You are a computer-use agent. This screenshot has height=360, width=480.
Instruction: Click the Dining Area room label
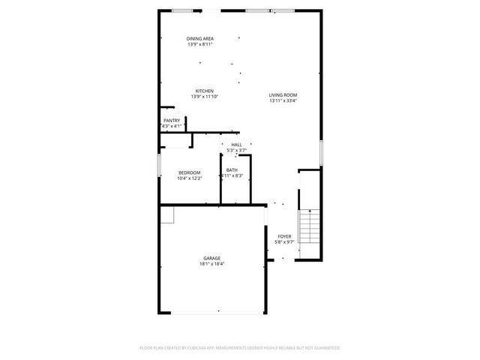(200, 38)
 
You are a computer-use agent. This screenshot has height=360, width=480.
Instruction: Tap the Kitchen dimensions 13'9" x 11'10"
(205, 97)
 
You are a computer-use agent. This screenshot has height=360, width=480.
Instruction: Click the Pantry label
(172, 120)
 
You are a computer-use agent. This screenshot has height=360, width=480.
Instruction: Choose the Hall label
(236, 145)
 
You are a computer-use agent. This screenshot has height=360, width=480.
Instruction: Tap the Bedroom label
(189, 172)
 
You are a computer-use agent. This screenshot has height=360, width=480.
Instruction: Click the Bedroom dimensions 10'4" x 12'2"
(189, 178)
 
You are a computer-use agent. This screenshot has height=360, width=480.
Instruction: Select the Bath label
(232, 170)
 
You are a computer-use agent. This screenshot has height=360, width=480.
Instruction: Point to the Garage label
(211, 258)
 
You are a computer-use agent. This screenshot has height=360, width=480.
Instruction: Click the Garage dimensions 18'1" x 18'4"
(211, 264)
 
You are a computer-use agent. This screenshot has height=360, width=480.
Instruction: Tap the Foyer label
(284, 236)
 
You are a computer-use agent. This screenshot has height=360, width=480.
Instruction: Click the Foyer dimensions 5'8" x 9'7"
(284, 242)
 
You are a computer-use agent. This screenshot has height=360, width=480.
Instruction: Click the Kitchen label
(205, 91)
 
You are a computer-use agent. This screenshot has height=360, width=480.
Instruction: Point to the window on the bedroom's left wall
(158, 165)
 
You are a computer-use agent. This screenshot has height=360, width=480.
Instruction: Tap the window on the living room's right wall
(321, 152)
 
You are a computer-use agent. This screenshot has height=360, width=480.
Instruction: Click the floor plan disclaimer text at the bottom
(240, 348)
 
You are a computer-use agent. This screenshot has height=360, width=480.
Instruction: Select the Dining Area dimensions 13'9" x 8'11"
(200, 44)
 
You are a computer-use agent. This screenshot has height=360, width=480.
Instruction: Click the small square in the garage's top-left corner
(166, 214)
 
